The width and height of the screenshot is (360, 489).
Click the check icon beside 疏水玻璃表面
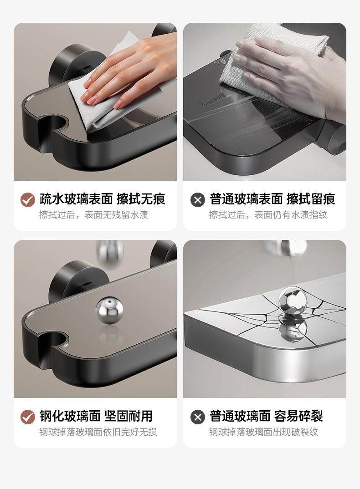tap(28, 199)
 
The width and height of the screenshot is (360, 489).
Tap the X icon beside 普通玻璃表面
tap(198, 199)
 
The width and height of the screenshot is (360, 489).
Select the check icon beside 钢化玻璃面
tap(28, 417)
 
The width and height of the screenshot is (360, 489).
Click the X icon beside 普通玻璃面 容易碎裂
tap(198, 417)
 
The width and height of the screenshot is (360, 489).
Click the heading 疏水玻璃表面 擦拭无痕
tap(103, 199)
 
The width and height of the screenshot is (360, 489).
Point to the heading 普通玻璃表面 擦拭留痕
tap(272, 199)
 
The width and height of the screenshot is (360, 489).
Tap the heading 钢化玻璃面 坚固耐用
tap(96, 416)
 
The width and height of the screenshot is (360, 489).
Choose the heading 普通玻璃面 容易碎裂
tap(266, 416)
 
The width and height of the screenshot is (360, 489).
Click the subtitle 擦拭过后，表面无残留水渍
tap(94, 215)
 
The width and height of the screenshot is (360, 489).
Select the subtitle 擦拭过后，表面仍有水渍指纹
tap(268, 215)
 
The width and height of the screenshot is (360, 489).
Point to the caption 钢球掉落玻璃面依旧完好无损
tap(98, 432)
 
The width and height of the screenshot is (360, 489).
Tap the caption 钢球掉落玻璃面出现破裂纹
tap(263, 432)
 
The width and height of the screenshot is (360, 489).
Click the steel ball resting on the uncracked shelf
tap(109, 311)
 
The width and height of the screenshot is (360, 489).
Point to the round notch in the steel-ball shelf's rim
tap(53, 340)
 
